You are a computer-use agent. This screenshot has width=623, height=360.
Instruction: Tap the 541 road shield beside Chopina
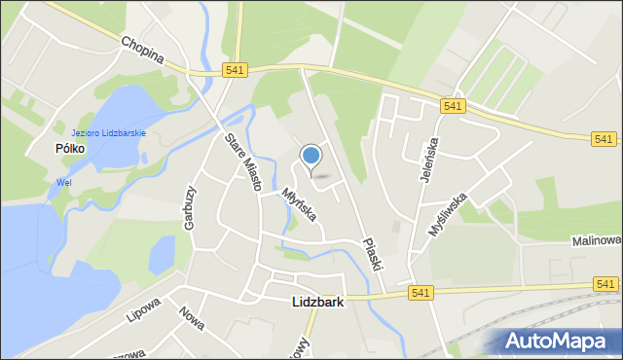(x=235, y=70)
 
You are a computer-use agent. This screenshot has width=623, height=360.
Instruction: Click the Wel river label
(x=64, y=181)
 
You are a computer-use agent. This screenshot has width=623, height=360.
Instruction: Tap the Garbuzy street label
(x=190, y=208)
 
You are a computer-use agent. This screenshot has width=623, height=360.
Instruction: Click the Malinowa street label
(x=596, y=241)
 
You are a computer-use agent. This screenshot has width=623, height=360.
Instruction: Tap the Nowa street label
(x=192, y=318)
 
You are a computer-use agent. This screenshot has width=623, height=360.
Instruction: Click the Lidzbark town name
(x=318, y=303)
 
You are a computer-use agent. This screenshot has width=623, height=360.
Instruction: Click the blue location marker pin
(x=311, y=157)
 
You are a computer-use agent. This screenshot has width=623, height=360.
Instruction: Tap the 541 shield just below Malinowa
(x=605, y=283)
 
